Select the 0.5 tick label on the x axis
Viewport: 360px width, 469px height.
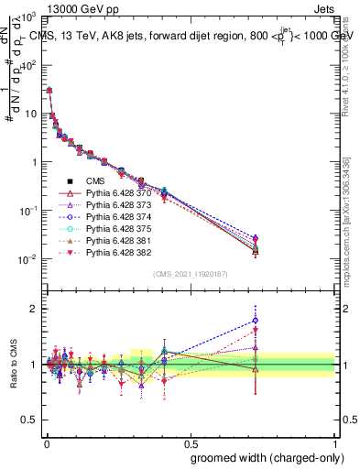point(191,441)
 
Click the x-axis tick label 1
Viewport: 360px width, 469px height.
point(335,441)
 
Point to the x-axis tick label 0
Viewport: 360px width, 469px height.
point(46,441)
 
